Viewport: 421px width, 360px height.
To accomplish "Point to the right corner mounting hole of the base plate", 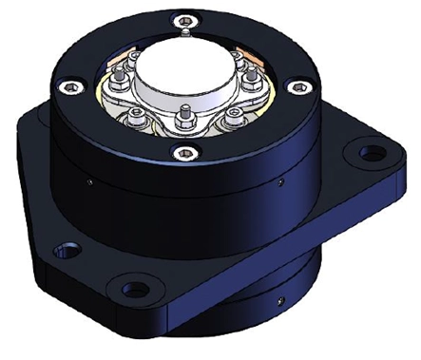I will pyautogui.click(x=364, y=150).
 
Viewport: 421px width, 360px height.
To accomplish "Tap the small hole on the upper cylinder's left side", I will pyautogui.click(x=87, y=178).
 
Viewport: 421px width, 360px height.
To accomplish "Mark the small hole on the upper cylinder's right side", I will pyautogui.click(x=282, y=178).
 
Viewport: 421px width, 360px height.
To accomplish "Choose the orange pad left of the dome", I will pyautogui.click(x=121, y=70).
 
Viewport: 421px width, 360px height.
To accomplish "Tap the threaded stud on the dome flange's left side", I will pyautogui.click(x=124, y=94).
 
